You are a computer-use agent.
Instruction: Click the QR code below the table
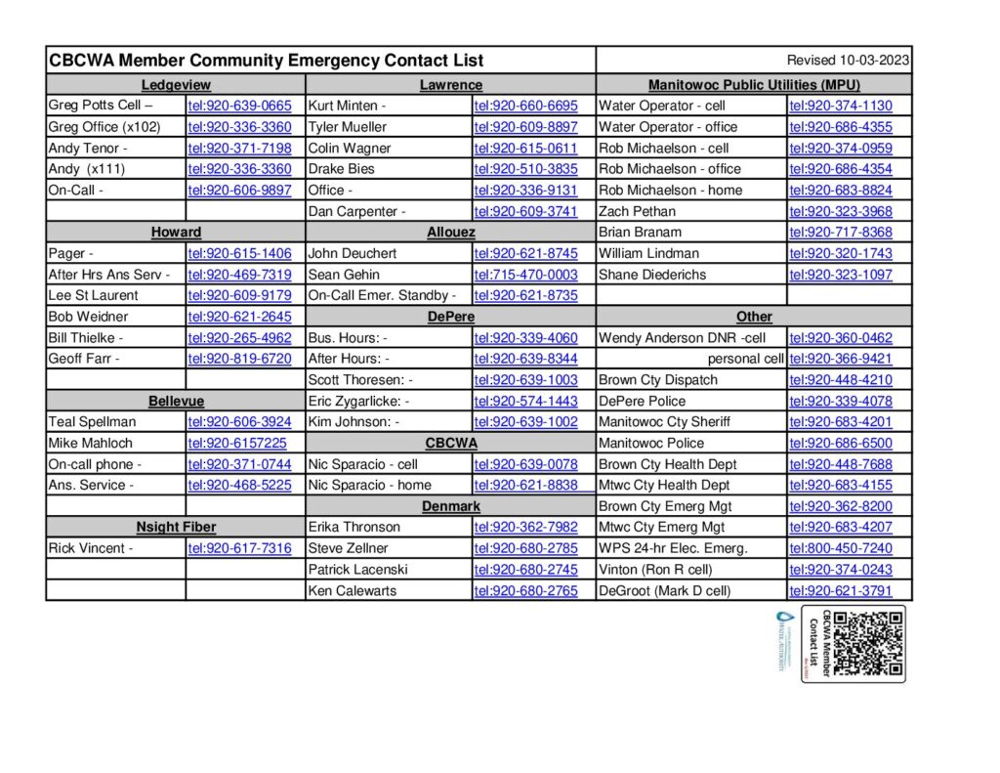[x=868, y=643]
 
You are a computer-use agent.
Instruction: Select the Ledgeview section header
[x=176, y=85]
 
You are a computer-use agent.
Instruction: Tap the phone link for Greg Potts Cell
[x=239, y=106]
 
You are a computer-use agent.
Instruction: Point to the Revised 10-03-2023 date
[x=848, y=60]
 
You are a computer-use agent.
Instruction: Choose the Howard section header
[x=176, y=233]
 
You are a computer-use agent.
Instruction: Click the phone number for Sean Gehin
[x=525, y=275]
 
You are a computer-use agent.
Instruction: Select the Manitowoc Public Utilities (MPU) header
[x=754, y=85]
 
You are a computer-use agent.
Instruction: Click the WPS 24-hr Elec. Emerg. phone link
[x=840, y=548]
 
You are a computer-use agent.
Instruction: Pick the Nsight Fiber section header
[x=176, y=527]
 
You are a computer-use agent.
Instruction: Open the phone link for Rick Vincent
[x=239, y=548]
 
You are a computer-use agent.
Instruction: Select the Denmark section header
[x=451, y=506]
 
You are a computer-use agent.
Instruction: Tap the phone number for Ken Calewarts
[x=525, y=590]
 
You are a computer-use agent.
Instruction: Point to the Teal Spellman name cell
[x=93, y=422]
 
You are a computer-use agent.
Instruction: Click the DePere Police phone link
[x=840, y=401]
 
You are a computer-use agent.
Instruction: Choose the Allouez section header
[x=451, y=233]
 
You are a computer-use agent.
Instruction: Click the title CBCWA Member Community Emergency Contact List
[x=267, y=61]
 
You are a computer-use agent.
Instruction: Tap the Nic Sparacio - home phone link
[x=525, y=485]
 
